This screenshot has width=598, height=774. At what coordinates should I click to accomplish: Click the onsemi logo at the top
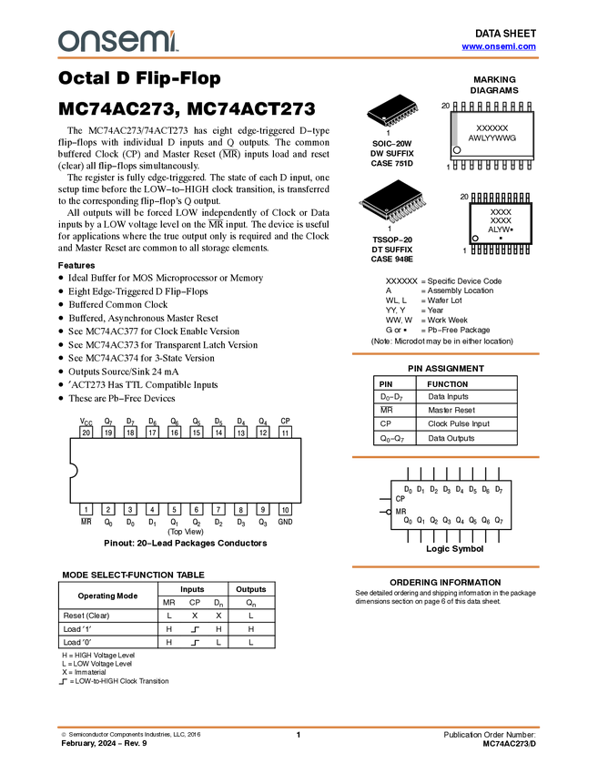pyautogui.click(x=117, y=41)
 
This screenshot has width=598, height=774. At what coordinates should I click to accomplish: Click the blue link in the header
pyautogui.click(x=499, y=46)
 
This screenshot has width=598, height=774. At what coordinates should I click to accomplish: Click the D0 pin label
pyautogui.click(x=408, y=490)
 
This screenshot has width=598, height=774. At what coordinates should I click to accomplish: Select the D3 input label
pyautogui.click(x=447, y=490)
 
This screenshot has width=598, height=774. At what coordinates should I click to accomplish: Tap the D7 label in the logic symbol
pyautogui.click(x=499, y=490)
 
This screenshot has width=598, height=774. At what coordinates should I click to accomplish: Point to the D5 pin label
pyautogui.click(x=472, y=490)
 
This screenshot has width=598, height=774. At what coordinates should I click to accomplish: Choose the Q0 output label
pyautogui.click(x=408, y=521)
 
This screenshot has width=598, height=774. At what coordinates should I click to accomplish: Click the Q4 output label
pyautogui.click(x=460, y=521)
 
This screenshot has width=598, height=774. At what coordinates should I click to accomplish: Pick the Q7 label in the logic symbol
pyautogui.click(x=499, y=521)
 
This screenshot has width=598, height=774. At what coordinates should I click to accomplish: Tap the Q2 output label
pyautogui.click(x=434, y=521)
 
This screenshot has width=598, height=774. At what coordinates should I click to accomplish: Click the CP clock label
pyautogui.click(x=400, y=499)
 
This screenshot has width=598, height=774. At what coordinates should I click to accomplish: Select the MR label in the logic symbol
pyautogui.click(x=400, y=512)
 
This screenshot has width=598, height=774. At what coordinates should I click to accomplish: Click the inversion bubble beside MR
pyautogui.click(x=389, y=512)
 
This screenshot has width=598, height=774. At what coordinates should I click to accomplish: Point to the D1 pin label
pyautogui.click(x=421, y=490)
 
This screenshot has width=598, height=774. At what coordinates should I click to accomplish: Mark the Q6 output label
pyautogui.click(x=486, y=521)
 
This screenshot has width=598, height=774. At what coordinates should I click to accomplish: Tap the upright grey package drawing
pyautogui.click(x=455, y=129)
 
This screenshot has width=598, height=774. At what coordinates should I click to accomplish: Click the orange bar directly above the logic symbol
pyautogui.click(x=445, y=457)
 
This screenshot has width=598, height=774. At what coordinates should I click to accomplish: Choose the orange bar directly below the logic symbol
pyautogui.click(x=445, y=567)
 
